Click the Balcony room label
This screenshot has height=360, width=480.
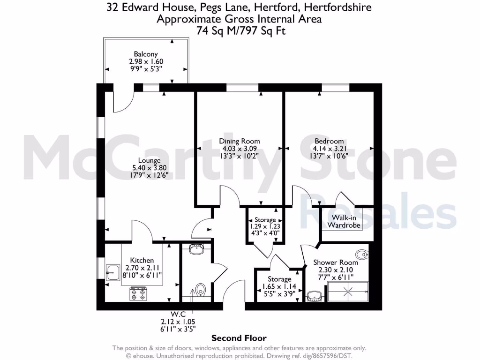[146, 54]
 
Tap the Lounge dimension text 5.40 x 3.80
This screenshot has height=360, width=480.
[150, 168]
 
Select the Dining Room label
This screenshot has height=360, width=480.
[240, 141]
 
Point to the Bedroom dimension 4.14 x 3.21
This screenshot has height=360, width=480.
[329, 149]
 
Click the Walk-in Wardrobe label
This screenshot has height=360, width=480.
[346, 221]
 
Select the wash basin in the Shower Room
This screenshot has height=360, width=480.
[315, 296]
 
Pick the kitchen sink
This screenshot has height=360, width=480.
[112, 272]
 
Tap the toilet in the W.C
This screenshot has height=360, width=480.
[201, 289]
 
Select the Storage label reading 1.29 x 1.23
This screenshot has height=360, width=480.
[265, 220]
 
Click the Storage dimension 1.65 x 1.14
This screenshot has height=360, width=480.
[279, 287]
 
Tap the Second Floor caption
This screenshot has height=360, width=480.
[239, 338]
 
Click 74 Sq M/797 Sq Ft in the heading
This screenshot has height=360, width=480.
[240, 30]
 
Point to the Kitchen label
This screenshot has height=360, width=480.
[142, 261]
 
